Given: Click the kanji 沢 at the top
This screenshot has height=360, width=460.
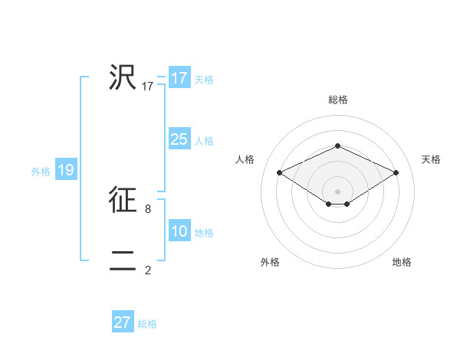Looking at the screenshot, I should (x=123, y=77).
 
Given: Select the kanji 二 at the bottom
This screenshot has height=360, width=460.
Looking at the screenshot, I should (x=123, y=260).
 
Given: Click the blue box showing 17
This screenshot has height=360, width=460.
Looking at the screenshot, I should (x=179, y=77).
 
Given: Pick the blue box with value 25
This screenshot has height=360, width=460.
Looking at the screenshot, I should (x=179, y=139).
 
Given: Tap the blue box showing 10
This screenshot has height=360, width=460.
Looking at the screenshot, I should (x=179, y=231).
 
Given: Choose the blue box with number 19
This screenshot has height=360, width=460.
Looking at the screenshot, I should (x=66, y=170).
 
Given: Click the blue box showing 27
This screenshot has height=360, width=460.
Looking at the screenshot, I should (x=123, y=322).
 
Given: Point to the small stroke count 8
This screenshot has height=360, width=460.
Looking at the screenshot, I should (x=147, y=208).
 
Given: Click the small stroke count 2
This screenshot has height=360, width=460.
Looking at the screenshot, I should (x=147, y=270).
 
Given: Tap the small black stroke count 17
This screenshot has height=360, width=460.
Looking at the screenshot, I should (x=148, y=87).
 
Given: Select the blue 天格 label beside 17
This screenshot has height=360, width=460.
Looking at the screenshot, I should (x=204, y=79).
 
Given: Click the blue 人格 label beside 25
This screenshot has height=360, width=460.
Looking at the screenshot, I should (x=204, y=141).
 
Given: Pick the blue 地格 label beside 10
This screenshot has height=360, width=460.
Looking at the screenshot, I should (x=204, y=233).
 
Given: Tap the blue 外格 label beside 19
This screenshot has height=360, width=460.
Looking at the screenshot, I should (x=41, y=172).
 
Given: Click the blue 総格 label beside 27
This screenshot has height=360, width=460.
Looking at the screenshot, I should (x=147, y=324).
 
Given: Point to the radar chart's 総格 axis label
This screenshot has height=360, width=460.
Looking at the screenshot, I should (x=338, y=100).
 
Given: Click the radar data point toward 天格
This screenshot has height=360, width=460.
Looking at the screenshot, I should (x=396, y=172).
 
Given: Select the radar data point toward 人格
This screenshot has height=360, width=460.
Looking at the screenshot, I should (x=279, y=172).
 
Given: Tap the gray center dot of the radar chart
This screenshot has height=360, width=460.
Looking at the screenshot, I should (x=337, y=191).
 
